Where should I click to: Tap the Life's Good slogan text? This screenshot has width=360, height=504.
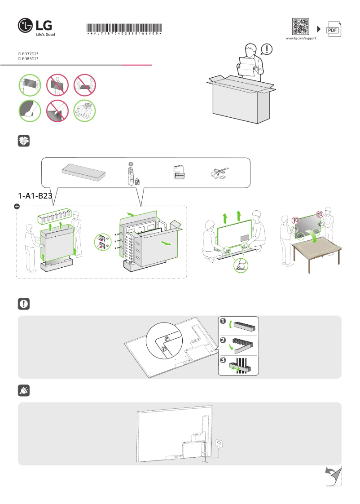pos(45,34)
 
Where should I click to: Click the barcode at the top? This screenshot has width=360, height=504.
pos(124,28)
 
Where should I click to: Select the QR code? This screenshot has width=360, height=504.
pos(301,27)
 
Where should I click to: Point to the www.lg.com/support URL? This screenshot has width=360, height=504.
pos(301,39)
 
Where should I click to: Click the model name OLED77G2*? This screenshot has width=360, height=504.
pos(28,54)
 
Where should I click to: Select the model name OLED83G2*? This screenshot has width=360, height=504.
pos(28,59)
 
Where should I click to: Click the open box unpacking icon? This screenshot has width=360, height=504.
pos(24,141)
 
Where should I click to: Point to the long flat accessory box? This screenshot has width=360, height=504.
pos(84,172)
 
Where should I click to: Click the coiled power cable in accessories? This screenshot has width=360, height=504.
pos(220,173)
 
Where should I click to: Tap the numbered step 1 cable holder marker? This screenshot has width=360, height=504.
pos(223,321)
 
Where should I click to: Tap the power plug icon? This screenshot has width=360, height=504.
pos(24,391)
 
